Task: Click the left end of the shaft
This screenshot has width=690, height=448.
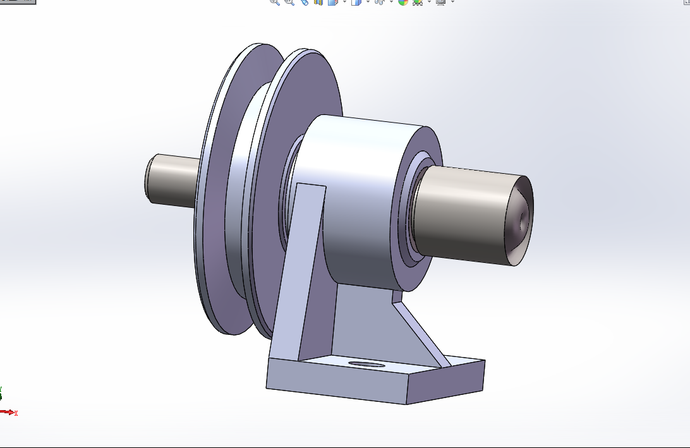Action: pos(150,177)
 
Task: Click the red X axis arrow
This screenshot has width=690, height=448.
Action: pos(8,412)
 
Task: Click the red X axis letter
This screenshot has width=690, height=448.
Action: pos(16,413)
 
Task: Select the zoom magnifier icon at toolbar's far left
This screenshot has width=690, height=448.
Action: pos(274,3)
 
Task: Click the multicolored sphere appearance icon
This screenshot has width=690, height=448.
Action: pos(402,3)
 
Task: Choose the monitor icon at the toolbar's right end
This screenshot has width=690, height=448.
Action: pos(440,3)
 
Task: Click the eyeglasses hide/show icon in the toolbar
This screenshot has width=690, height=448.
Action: pos(379,3)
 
